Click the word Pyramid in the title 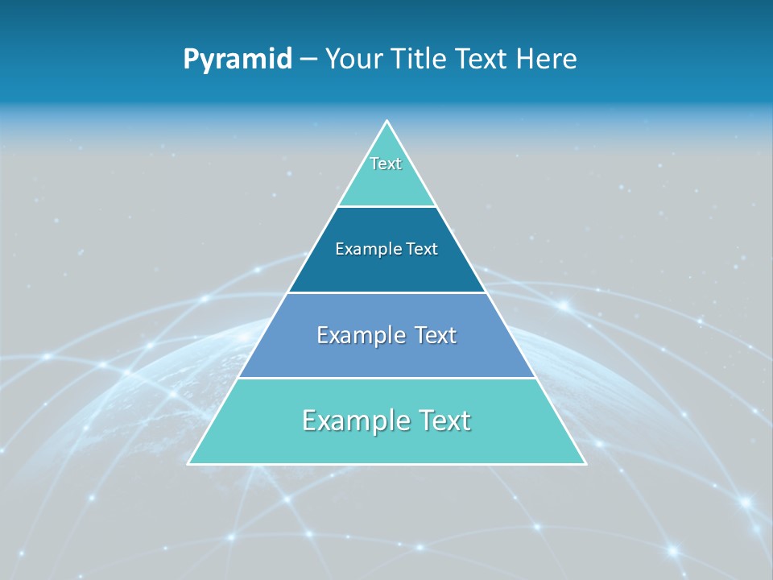pos(237,60)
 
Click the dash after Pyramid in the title pos(308,60)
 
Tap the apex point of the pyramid pos(386,122)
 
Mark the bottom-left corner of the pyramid pos(189,463)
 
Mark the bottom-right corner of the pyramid pos(585,463)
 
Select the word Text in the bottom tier pos(442,420)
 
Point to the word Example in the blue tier pos(360,335)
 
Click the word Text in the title pos(481,60)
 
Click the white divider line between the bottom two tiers pos(386,378)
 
